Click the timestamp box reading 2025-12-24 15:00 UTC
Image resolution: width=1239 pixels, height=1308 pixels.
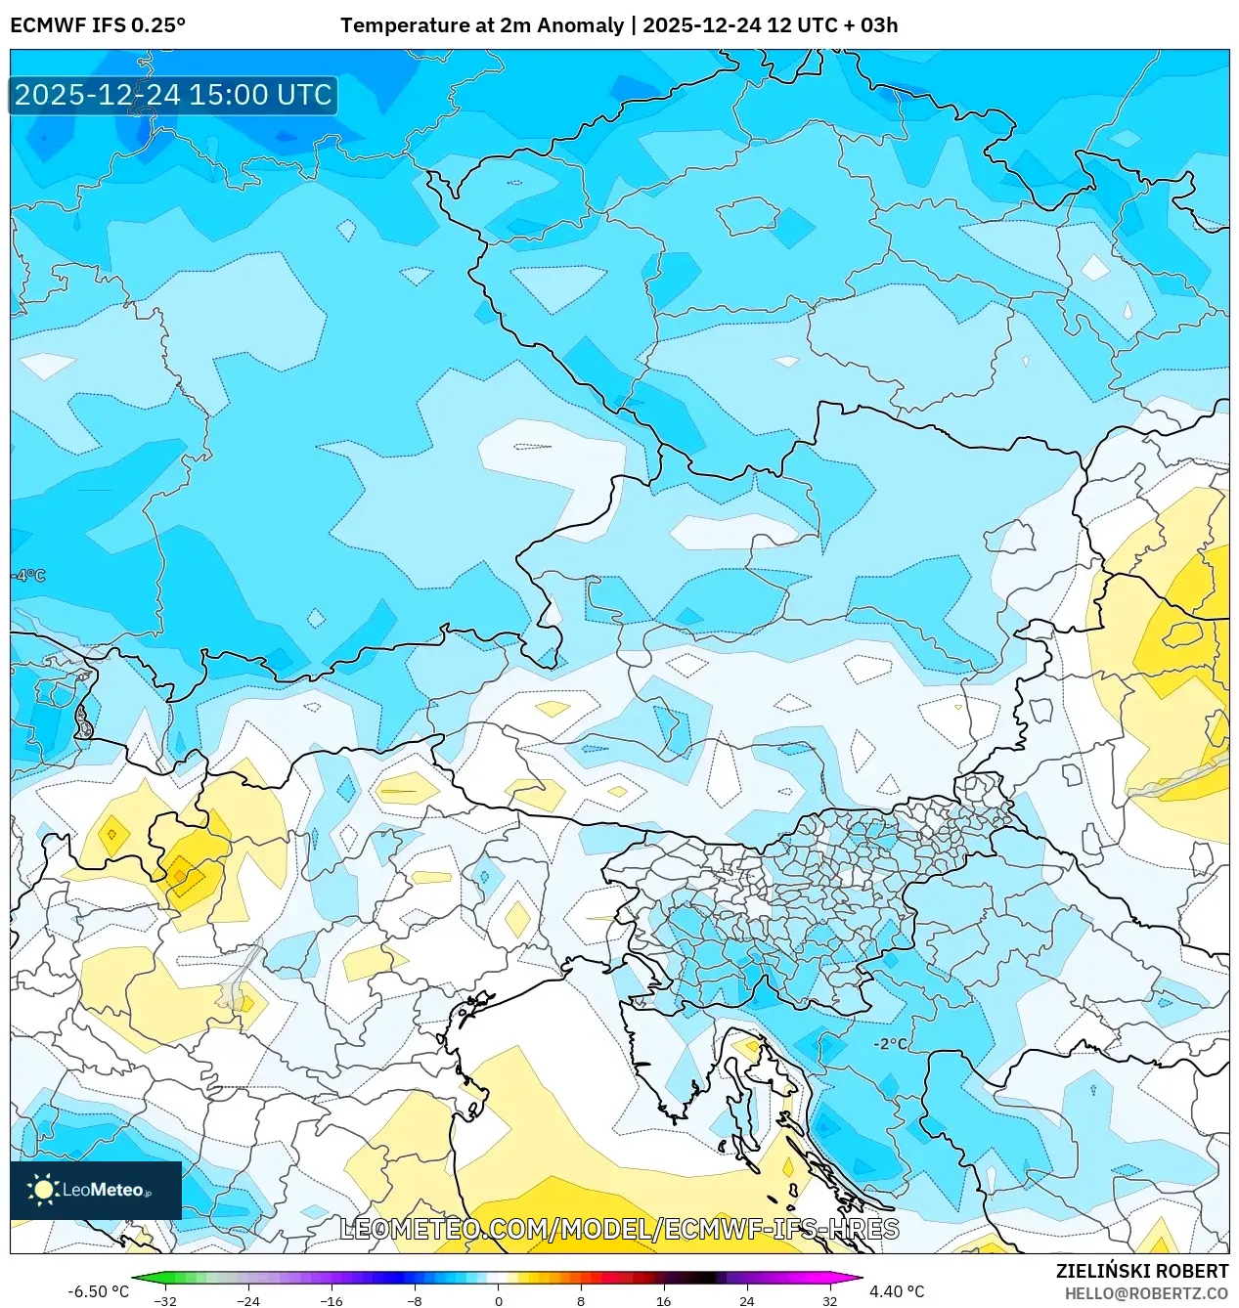click(x=173, y=95)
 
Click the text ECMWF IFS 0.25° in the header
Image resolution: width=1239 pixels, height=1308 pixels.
click(x=98, y=25)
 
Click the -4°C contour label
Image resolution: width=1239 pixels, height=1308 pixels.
click(x=29, y=576)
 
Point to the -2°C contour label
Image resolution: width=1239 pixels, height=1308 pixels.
click(x=890, y=1044)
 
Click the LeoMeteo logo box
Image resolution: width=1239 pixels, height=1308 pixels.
click(x=96, y=1190)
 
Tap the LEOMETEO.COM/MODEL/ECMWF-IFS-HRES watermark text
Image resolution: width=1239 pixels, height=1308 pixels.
click(x=619, y=1229)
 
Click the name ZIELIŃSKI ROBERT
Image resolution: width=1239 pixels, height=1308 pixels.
click(x=1141, y=1271)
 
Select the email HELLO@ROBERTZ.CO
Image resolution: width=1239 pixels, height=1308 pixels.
click(x=1146, y=1293)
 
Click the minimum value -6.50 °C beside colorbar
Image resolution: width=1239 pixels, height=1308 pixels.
click(x=98, y=1291)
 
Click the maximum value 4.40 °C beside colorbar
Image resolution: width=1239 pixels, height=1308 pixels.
click(x=897, y=1291)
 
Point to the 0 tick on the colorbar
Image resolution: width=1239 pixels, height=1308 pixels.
click(x=498, y=1301)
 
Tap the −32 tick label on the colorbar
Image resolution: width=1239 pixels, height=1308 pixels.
click(x=165, y=1301)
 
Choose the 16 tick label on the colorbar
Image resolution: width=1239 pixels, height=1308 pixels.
click(x=664, y=1301)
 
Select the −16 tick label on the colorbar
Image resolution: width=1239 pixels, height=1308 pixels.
click(x=332, y=1301)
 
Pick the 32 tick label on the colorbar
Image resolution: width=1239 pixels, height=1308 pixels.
click(x=829, y=1301)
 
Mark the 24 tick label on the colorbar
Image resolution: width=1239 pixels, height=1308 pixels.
click(x=747, y=1301)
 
